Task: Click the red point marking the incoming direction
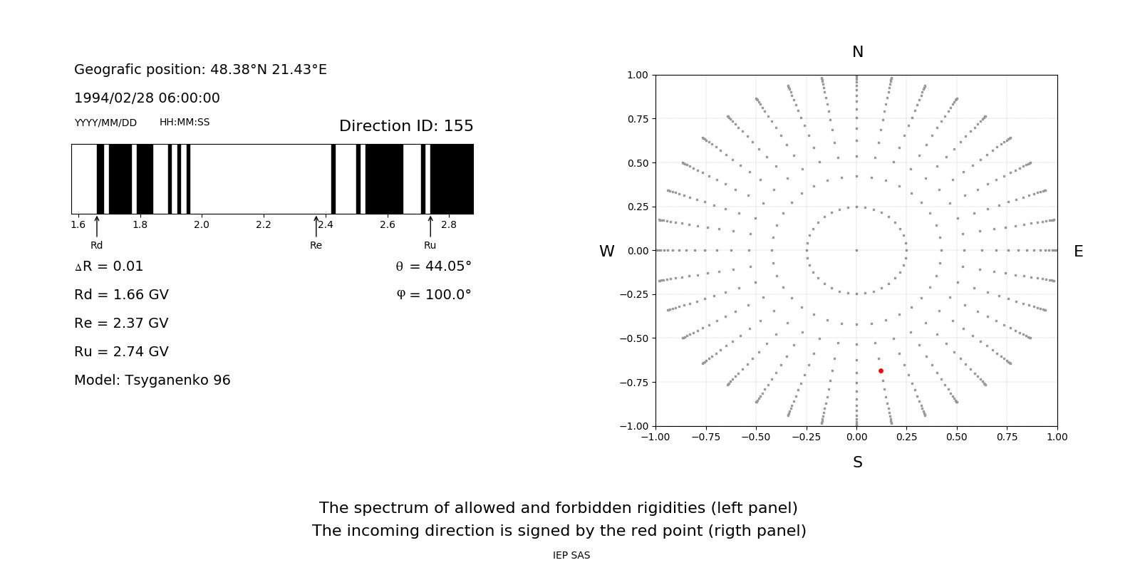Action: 881,370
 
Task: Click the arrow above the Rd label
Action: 97,226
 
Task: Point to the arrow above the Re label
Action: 316,226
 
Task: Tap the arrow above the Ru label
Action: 430,226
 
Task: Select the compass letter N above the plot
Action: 858,52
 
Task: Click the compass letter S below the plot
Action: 858,462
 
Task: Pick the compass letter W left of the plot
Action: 606,252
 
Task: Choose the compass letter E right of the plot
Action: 1078,252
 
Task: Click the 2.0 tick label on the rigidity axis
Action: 202,225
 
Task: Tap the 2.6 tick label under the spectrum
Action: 387,225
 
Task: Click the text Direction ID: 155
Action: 406,126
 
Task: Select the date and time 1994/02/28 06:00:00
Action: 147,98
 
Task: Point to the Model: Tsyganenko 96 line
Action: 152,380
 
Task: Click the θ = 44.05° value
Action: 433,266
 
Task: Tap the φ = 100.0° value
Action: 433,295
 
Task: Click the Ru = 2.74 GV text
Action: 121,352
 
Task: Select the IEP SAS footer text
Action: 571,556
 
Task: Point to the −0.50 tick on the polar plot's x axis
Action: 756,437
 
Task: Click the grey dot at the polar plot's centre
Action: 856,250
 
